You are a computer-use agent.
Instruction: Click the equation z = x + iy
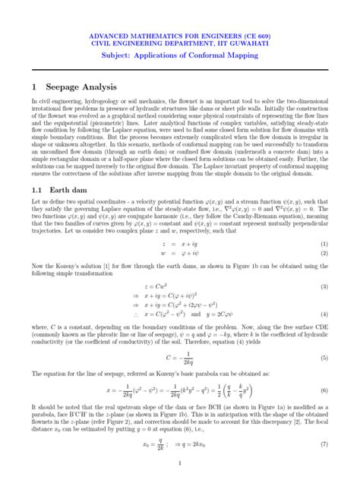(178, 242)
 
